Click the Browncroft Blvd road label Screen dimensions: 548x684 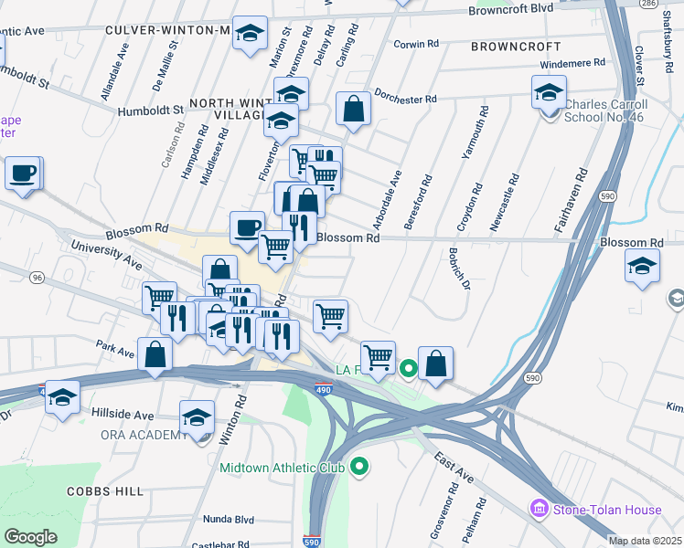click(510, 10)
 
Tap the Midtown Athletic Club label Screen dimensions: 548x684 click(281, 468)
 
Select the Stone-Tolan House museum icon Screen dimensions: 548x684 click(540, 508)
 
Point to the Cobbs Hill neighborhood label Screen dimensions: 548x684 click(105, 491)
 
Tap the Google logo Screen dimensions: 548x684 click(30, 537)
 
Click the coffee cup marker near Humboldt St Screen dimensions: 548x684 click(24, 173)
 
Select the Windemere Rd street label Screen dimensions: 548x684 click(573, 64)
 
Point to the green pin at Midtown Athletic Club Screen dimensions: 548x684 click(359, 468)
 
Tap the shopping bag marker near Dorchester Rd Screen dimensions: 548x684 click(353, 110)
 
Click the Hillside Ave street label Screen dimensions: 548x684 click(123, 414)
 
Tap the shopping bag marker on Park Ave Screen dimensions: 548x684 click(155, 354)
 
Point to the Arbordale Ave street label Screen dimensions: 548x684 click(394, 192)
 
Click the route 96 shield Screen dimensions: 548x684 click(37, 277)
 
